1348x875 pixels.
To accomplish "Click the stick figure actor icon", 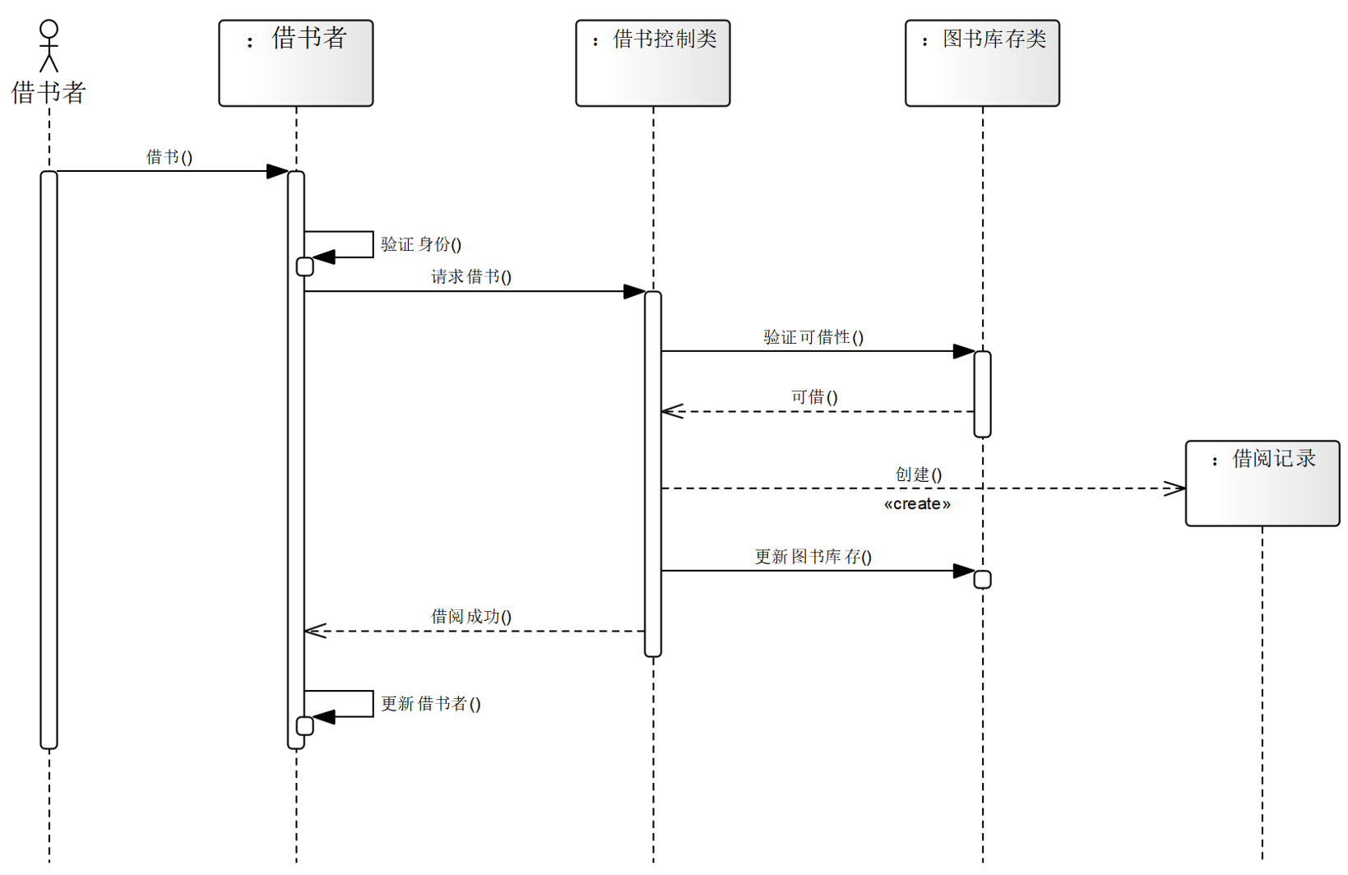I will (x=49, y=46).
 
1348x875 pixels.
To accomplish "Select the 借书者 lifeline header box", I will (x=295, y=63).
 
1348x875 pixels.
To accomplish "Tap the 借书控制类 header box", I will (x=652, y=63).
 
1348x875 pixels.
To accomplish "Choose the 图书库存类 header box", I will (x=982, y=63).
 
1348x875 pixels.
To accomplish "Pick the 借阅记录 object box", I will (x=1262, y=484).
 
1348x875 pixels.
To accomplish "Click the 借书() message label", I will (x=169, y=157).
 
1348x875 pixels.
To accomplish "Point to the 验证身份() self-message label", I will (x=421, y=244).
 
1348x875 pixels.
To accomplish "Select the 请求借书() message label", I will (x=471, y=277).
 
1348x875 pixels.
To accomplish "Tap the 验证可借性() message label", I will (x=813, y=337).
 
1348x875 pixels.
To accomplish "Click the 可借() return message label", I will (x=814, y=397).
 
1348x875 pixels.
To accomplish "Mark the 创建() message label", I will (x=919, y=475).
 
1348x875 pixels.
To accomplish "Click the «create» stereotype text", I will (x=917, y=504).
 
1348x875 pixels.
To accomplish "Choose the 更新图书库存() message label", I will (x=813, y=557).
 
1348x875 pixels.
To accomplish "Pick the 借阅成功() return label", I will (x=471, y=617).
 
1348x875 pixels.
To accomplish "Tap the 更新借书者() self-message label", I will (x=431, y=704).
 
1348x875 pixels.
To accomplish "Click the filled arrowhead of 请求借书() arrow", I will (x=634, y=291).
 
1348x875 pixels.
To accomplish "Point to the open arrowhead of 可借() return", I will (x=672, y=411).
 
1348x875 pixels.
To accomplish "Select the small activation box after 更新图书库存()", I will (x=982, y=580).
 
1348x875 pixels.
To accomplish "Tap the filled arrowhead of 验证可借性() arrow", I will (x=964, y=351).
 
